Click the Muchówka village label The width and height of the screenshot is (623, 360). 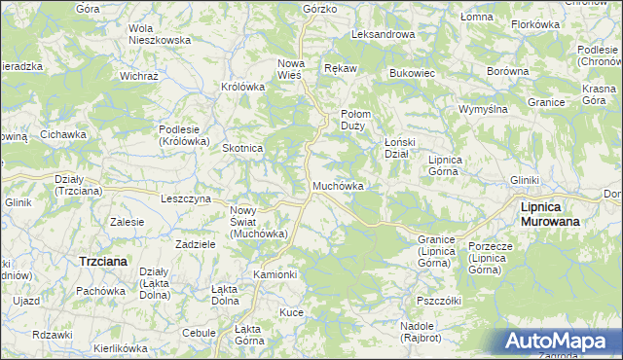(x=338, y=186)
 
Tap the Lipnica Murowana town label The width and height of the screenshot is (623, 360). (x=550, y=214)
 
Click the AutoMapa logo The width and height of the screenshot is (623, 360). (x=559, y=342)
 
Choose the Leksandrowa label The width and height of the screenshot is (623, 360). (x=383, y=34)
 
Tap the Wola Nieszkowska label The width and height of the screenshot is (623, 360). (x=160, y=35)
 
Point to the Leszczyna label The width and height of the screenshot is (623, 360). (x=185, y=198)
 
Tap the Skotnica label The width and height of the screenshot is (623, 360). (x=243, y=148)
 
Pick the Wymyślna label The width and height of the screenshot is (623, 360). (x=484, y=109)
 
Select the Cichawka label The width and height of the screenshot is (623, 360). (x=64, y=134)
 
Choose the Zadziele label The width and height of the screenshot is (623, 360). (x=195, y=244)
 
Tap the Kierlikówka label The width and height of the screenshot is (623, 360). (x=120, y=347)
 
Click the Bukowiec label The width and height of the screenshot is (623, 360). (x=411, y=73)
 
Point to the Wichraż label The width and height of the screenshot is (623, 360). (x=138, y=75)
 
